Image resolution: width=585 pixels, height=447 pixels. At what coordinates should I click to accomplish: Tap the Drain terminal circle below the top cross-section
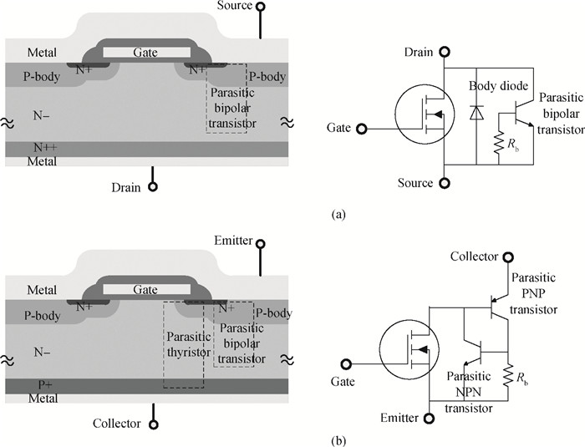(x=152, y=187)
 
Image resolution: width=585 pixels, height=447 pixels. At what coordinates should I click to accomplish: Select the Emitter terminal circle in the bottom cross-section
(x=261, y=244)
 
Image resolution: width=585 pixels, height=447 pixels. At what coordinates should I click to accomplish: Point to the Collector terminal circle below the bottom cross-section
(x=153, y=424)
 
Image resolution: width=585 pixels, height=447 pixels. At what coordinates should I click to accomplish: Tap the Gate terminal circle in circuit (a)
(x=361, y=129)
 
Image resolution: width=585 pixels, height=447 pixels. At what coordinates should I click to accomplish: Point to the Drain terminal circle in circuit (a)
(x=445, y=53)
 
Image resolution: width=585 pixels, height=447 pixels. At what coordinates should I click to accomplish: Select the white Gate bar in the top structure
(x=145, y=52)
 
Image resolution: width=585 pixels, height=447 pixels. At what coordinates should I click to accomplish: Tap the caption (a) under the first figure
(x=338, y=215)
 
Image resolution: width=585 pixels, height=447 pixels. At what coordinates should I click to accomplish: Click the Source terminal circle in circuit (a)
(x=445, y=183)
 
